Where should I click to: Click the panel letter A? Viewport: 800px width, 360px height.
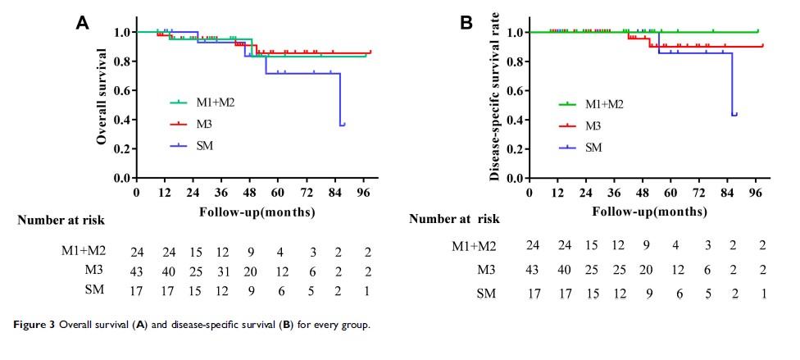tap(83, 23)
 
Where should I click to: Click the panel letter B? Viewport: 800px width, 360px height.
tap(466, 23)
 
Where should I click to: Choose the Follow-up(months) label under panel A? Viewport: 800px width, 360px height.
tap(247, 212)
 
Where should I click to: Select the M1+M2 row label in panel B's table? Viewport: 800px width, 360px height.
tap(475, 245)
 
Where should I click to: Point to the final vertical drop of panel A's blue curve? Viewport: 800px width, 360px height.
tap(340, 98)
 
